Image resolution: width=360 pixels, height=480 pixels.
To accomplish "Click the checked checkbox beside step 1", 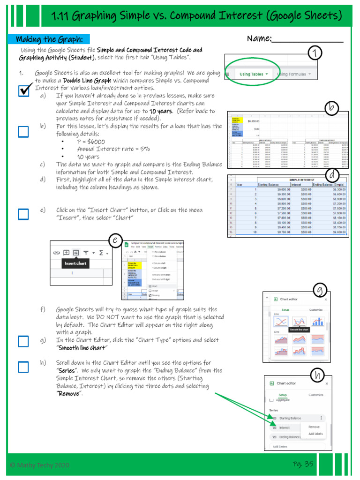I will [24, 90].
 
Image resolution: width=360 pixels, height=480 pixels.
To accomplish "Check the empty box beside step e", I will [23, 214].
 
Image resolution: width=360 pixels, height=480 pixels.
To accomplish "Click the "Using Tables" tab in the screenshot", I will [254, 74].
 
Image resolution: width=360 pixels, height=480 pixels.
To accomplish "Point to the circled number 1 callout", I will [317, 54].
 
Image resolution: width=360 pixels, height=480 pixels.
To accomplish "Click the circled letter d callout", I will [332, 175].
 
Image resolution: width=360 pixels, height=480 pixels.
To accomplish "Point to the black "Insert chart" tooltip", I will [76, 263].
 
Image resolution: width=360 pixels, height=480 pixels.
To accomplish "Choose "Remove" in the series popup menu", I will [314, 427].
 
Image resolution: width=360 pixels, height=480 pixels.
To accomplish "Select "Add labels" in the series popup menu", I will [315, 434].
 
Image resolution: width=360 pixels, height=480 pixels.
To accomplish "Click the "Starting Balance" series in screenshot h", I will [290, 418].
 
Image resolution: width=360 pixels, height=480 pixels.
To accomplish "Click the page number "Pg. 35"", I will [303, 464].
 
